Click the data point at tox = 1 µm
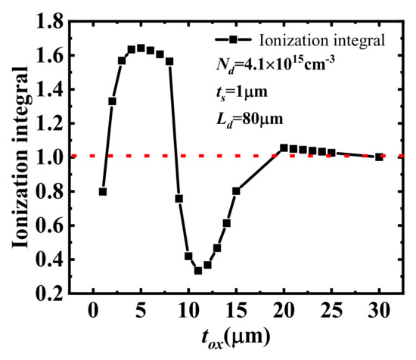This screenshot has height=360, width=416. click(x=103, y=191)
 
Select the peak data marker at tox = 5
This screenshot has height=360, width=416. click(x=141, y=48)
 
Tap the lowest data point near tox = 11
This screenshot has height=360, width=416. click(x=198, y=270)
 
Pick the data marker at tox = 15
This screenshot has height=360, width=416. click(x=236, y=191)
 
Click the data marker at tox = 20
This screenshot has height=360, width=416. click(x=284, y=148)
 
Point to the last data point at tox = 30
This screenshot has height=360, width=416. click(x=379, y=157)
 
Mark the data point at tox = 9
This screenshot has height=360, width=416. click(x=179, y=199)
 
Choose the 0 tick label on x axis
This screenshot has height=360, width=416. click(x=93, y=310)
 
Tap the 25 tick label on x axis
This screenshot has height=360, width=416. click(x=331, y=310)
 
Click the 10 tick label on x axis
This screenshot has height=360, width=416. click(x=188, y=310)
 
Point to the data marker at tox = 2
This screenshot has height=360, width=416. click(x=112, y=101)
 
